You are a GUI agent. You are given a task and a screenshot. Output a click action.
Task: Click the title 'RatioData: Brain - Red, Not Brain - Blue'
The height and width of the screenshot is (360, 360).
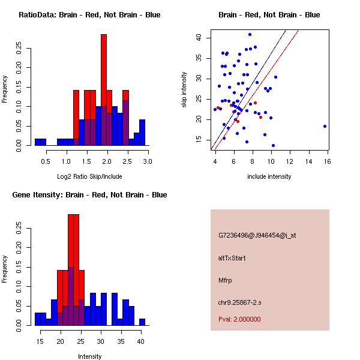pyautogui.click(x=89, y=15)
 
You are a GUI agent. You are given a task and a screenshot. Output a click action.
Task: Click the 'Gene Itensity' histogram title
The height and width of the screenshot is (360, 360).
pyautogui.click(x=89, y=195)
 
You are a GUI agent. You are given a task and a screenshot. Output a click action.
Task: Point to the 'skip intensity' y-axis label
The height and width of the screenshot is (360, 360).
pyautogui.click(x=185, y=90)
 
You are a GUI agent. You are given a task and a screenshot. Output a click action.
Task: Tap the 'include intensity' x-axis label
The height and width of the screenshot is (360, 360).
pyautogui.click(x=269, y=176)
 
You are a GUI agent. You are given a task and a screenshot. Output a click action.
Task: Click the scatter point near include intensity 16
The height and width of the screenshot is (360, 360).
pyautogui.click(x=325, y=126)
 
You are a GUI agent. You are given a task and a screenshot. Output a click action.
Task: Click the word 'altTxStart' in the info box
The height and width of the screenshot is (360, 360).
pyautogui.click(x=232, y=258)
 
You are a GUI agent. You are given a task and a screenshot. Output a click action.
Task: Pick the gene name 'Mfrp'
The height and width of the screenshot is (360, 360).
pyautogui.click(x=224, y=280)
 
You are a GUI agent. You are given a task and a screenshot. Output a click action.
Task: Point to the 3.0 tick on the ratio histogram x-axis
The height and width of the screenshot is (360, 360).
pyautogui.click(x=148, y=161)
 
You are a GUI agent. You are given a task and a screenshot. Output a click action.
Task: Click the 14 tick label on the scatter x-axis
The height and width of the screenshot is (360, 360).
pyautogui.click(x=308, y=161)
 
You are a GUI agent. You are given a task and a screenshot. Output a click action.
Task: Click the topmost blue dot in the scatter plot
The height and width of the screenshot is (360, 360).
pyautogui.click(x=250, y=34)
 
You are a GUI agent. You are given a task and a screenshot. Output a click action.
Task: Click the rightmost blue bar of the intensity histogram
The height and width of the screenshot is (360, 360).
pyautogui.click(x=142, y=322)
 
